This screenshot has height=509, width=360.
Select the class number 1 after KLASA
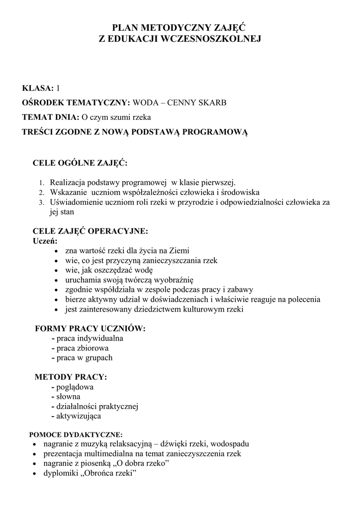[58, 88]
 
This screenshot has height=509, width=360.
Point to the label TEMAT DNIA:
[51, 118]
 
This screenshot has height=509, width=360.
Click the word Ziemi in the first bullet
[179, 251]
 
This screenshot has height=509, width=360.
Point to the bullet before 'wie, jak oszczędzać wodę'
[59, 270]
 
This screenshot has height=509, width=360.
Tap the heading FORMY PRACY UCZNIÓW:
[90, 329]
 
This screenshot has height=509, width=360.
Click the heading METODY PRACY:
[71, 377]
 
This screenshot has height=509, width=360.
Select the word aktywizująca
[79, 416]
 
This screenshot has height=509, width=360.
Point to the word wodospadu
[227, 444]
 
